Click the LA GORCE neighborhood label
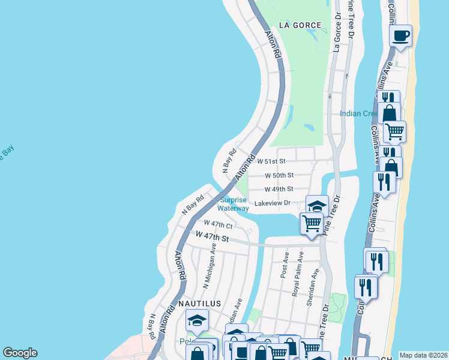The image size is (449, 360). click(300, 25)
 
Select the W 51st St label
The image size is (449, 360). click(271, 161)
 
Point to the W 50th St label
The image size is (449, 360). click(279, 175)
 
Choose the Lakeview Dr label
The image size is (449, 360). click(273, 203)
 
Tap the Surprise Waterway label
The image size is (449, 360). click(233, 204)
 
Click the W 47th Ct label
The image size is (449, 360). click(218, 224)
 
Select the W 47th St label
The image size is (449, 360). click(212, 238)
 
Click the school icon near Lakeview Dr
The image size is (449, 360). click(316, 206)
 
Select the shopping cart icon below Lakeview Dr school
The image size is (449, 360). click(312, 223)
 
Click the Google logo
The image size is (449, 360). click(20, 353)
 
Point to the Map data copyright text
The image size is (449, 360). click(423, 355)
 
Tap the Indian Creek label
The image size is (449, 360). click(358, 113)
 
